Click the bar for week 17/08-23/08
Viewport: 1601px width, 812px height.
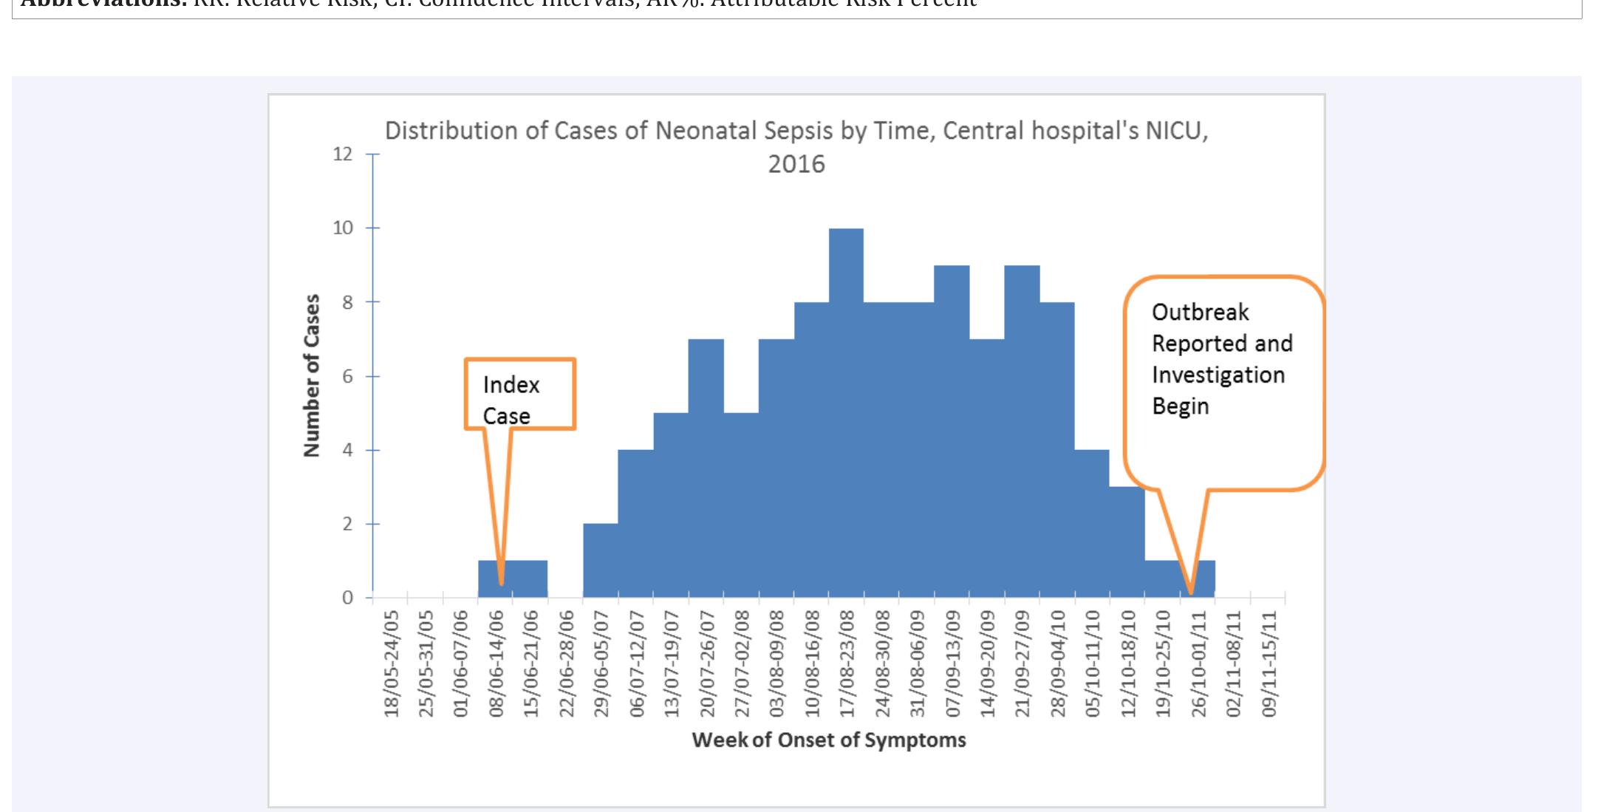tap(846, 414)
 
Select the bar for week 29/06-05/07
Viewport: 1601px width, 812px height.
tap(601, 562)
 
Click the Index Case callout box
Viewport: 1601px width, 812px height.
tap(519, 394)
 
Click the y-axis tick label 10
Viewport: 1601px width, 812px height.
tap(343, 228)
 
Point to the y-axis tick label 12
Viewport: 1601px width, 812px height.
tap(343, 154)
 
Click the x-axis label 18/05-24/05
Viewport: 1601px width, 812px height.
tap(392, 663)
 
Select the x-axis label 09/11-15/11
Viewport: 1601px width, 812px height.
tap(1269, 663)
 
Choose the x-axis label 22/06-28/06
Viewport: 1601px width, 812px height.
tap(567, 663)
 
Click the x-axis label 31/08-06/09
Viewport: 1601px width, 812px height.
tap(918, 663)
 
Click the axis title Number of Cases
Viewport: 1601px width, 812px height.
tap(313, 375)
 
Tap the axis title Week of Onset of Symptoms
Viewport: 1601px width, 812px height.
tap(829, 740)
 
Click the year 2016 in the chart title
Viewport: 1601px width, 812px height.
tap(796, 164)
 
